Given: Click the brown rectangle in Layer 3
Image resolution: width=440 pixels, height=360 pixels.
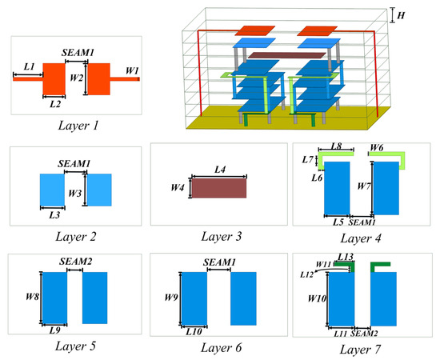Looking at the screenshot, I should (218, 187).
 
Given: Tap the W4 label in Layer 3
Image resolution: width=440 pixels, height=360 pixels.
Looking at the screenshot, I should (179, 188).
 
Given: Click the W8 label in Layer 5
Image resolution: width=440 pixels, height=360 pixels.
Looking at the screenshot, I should (30, 296).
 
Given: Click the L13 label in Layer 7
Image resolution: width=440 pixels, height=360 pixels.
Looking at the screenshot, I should (345, 257).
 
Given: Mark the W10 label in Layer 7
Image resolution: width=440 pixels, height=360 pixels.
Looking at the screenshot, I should (318, 298).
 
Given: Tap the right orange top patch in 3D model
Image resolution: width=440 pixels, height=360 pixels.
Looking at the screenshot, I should (317, 30).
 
